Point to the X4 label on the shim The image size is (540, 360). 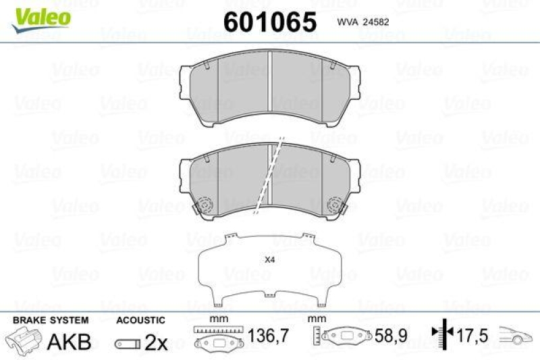[270, 260]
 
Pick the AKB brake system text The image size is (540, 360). [69, 342]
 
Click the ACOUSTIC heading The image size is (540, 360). [140, 320]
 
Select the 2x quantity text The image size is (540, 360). [156, 342]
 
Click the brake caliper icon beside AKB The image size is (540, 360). [24, 340]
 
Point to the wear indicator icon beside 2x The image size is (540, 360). [127, 344]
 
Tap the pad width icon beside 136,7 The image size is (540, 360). [216, 339]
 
